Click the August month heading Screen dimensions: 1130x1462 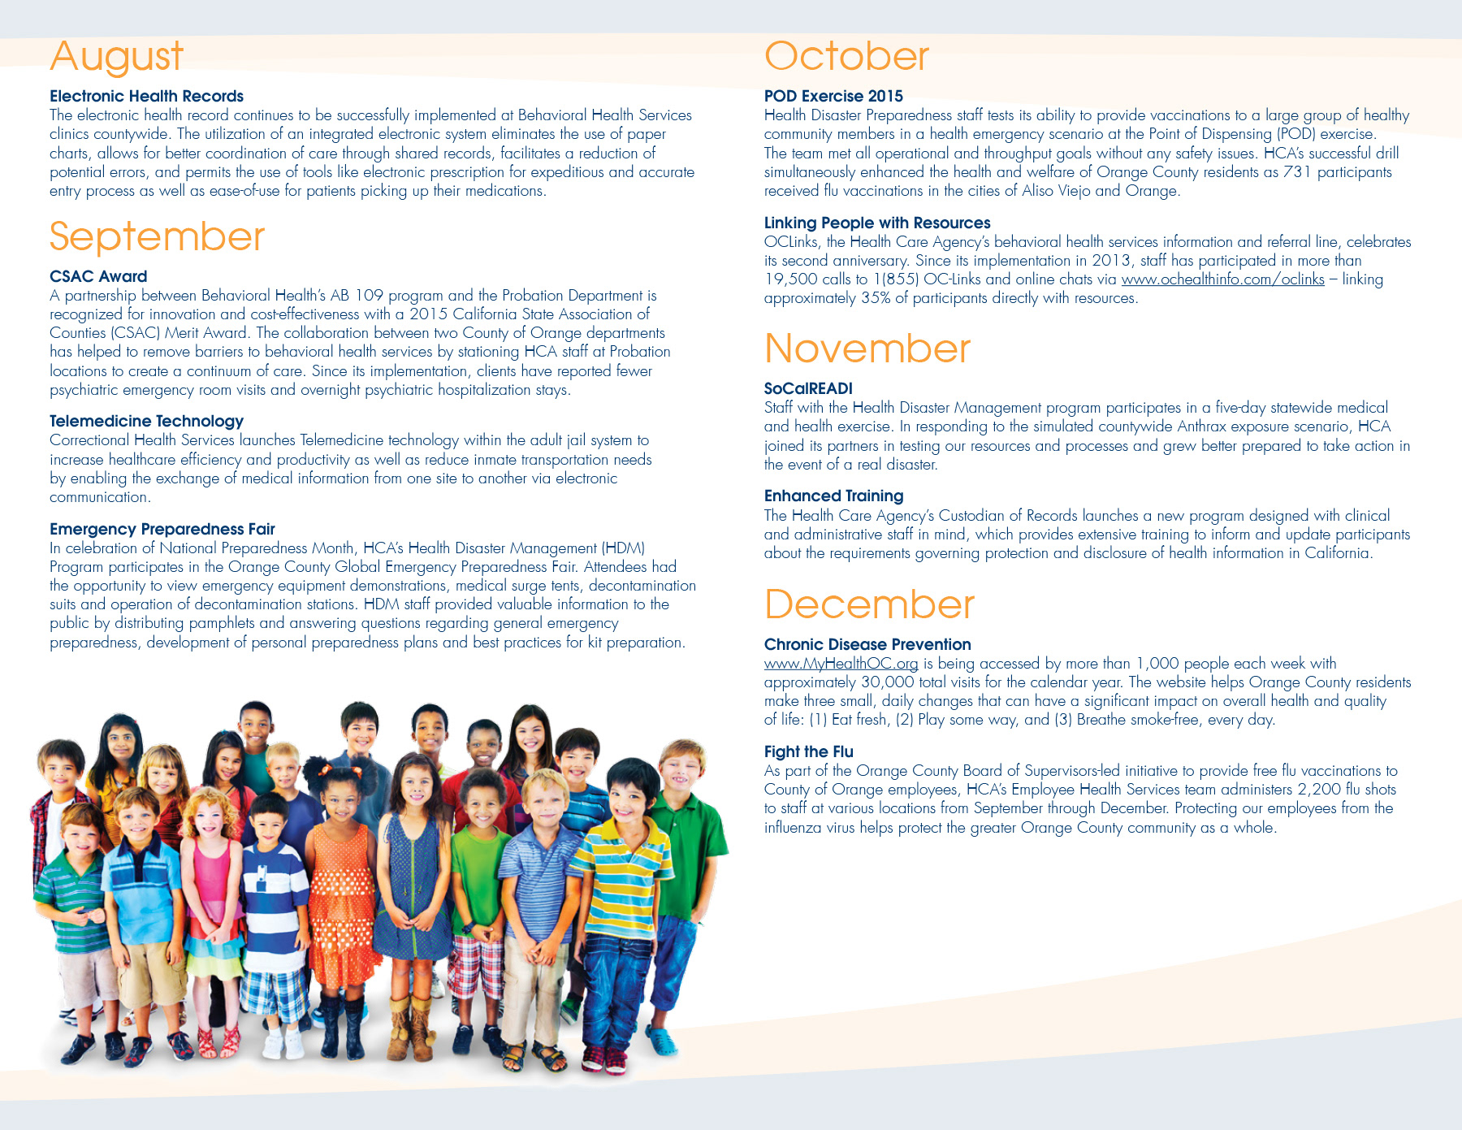click(x=116, y=57)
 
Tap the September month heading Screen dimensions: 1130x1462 click(x=157, y=237)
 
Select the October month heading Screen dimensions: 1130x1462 click(x=846, y=57)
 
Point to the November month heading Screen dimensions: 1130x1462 click(x=867, y=349)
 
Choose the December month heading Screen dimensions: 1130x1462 click(x=869, y=605)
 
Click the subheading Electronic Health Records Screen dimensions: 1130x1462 click(x=146, y=96)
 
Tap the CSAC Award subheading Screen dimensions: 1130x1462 click(x=98, y=276)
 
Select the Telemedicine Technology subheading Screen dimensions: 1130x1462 click(x=146, y=421)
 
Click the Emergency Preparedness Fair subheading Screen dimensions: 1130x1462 click(x=162, y=529)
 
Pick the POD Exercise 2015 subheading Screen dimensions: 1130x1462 click(x=833, y=96)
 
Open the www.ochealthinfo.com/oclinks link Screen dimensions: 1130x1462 click(x=1222, y=279)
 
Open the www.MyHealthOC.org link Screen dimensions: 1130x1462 click(x=841, y=664)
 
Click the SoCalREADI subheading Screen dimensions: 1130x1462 click(x=808, y=388)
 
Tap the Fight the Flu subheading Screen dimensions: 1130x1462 click(x=808, y=751)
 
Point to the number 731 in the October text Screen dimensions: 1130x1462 click(x=1297, y=172)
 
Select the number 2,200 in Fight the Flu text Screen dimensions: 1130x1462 click(x=1319, y=790)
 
